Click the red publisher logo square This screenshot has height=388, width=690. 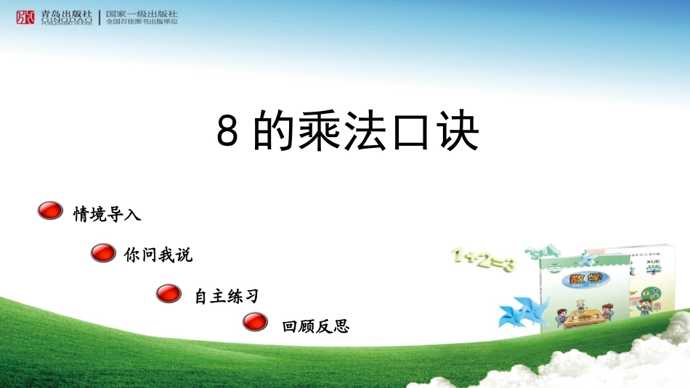tap(25, 17)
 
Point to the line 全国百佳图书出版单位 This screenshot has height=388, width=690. tap(142, 22)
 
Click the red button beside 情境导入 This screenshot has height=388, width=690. tap(50, 211)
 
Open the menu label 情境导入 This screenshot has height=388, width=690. tap(107, 214)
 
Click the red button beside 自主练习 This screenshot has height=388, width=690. tap(169, 293)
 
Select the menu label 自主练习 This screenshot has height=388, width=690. tap(227, 297)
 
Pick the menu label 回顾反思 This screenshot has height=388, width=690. tap(316, 327)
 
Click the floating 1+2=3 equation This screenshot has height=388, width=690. tap(483, 259)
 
